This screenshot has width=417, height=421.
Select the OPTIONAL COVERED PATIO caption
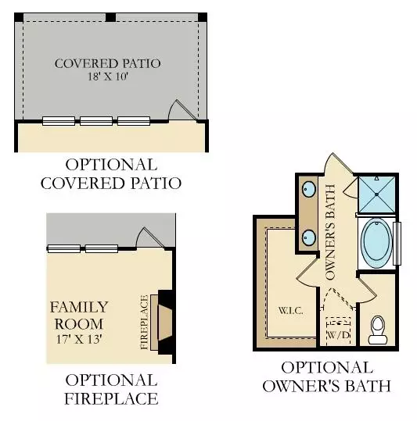click(110, 174)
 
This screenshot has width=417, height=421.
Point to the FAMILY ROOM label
click(79, 314)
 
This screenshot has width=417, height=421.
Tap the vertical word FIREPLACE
click(144, 321)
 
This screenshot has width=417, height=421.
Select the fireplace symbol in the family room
click(166, 321)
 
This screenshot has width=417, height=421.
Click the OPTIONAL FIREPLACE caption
click(110, 390)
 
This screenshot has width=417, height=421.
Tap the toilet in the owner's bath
click(377, 329)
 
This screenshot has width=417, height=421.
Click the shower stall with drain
click(376, 193)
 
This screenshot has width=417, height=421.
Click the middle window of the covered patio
click(96, 121)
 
